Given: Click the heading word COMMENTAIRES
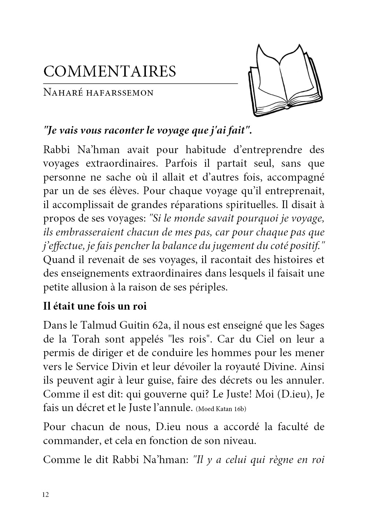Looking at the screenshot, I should pos(109,71).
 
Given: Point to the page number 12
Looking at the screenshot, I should pos(46,495).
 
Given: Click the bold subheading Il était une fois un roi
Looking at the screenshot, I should pos(95,306).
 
